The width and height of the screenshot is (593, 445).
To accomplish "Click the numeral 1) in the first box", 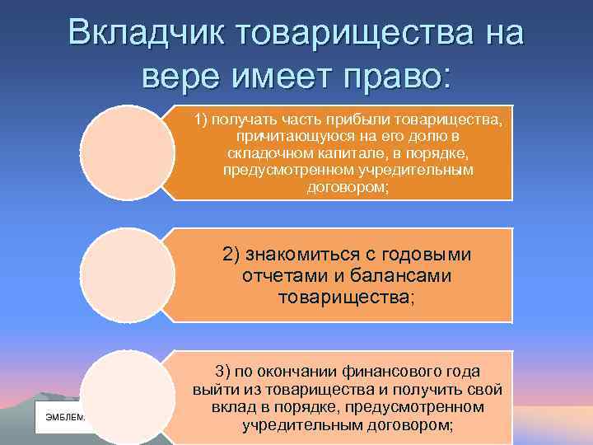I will click(x=201, y=119).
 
